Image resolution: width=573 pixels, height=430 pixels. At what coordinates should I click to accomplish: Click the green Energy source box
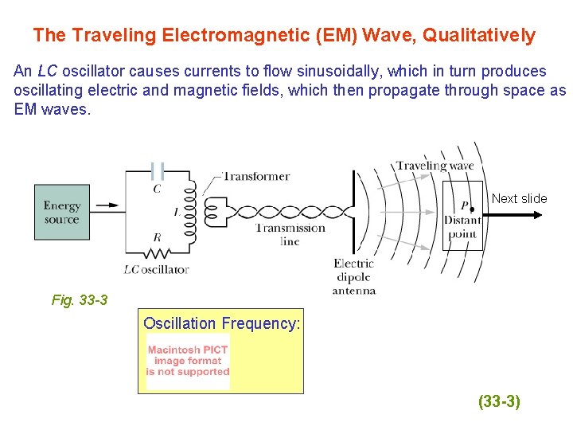point(62,212)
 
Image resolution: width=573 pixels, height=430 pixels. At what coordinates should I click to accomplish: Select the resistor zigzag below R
point(158,252)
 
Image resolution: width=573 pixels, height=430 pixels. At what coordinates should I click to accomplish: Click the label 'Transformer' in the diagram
point(255,176)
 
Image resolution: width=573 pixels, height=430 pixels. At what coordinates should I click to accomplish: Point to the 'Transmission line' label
point(290,234)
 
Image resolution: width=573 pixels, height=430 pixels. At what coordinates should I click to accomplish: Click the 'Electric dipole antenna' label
point(354,276)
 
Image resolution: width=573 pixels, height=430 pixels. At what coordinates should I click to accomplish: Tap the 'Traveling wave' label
point(435,166)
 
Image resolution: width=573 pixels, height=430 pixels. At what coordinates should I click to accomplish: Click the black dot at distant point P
point(472,209)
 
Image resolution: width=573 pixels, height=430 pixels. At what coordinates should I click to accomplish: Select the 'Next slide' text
point(519,198)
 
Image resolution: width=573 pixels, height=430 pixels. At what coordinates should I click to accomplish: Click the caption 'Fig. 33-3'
point(80,300)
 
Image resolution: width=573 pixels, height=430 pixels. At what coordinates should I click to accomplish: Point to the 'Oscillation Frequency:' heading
point(222,323)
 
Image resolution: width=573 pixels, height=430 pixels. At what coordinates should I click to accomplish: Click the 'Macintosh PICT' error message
point(188,361)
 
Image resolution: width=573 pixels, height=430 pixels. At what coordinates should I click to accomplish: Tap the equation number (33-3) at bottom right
point(499,402)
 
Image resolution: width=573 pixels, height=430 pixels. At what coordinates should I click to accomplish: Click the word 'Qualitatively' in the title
point(479,35)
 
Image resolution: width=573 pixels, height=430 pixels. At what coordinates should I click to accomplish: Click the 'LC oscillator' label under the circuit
point(157,269)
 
